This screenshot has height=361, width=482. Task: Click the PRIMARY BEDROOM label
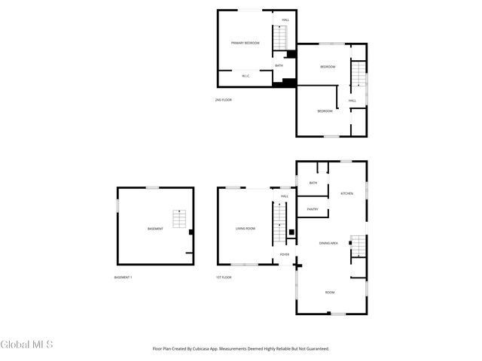click(245, 43)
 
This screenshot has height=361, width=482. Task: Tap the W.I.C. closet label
click(246, 76)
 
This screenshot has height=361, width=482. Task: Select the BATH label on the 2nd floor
click(279, 65)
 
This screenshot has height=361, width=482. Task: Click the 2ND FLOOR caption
click(223, 100)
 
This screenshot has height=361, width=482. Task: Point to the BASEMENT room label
click(155, 229)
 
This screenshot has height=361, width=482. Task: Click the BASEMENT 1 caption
click(123, 278)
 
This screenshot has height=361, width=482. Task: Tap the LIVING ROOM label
click(245, 228)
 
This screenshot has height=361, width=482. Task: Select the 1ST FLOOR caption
click(224, 278)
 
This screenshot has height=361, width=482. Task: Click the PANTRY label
click(313, 209)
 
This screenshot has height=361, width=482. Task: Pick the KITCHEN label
click(346, 194)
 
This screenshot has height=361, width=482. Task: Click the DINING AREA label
click(328, 243)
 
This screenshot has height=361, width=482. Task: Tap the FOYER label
click(285, 255)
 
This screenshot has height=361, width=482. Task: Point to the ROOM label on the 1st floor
click(329, 292)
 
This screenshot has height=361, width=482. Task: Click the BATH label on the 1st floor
click(313, 183)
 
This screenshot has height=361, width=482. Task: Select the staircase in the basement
click(179, 219)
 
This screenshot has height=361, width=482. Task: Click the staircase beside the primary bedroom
click(280, 36)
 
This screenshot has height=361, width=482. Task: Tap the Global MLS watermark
click(27, 344)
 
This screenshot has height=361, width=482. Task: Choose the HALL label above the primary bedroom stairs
click(285, 20)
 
